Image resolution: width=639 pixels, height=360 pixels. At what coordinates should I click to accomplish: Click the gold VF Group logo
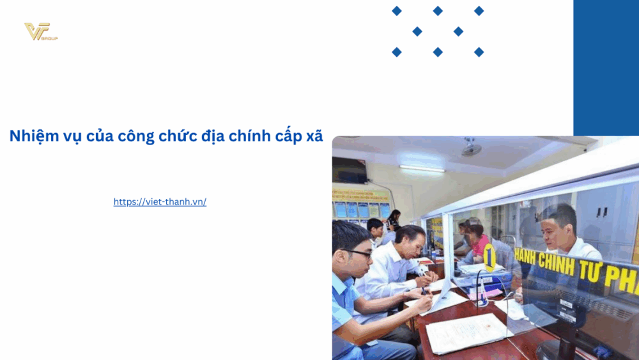tap(40, 31)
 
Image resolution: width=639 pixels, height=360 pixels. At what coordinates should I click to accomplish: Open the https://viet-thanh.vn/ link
tap(160, 202)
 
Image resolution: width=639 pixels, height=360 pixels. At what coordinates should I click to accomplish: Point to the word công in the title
tap(136, 136)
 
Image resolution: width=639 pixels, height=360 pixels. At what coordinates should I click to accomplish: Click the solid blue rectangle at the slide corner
tap(606, 67)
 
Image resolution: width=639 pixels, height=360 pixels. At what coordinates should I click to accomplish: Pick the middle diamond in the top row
tap(438, 11)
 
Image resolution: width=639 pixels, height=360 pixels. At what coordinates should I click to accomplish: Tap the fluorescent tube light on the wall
tap(422, 168)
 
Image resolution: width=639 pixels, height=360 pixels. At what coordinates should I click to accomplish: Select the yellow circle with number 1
tap(489, 257)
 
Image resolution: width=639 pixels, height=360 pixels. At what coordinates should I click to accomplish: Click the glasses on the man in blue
tap(358, 253)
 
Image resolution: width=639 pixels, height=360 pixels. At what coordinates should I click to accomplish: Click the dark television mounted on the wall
tap(349, 170)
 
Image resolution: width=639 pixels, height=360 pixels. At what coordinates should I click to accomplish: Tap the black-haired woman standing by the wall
tap(394, 219)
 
